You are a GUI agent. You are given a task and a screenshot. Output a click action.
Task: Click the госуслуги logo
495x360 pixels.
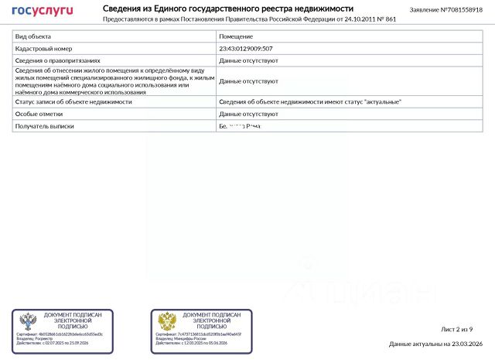point(43,10)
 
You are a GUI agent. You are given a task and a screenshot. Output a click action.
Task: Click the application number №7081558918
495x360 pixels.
point(461,10)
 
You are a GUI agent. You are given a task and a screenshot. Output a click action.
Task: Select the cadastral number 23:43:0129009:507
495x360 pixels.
point(246,48)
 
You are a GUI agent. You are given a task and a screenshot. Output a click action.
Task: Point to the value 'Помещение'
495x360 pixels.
point(236,36)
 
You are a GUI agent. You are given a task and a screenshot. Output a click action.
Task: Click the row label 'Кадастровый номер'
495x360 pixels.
point(43,48)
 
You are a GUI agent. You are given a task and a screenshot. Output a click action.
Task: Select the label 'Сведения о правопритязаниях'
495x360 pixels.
point(57,60)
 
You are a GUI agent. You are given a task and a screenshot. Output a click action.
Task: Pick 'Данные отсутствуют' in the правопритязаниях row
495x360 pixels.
point(248,60)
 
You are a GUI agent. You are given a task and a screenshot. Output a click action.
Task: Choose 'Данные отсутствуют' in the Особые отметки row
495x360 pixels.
point(248,114)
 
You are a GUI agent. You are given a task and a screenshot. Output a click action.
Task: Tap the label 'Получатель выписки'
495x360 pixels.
point(45,125)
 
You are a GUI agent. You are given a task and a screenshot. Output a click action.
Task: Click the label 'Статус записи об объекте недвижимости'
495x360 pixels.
point(73,101)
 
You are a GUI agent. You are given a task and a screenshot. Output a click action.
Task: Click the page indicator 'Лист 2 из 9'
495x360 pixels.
point(456,329)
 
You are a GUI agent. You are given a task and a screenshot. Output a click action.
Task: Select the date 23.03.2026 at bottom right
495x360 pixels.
point(467,344)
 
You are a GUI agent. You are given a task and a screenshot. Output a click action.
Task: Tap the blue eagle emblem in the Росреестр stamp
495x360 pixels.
point(28,321)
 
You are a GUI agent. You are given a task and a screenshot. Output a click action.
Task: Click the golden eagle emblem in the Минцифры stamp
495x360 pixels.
point(166,321)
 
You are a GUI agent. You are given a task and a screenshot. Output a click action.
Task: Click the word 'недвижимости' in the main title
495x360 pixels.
point(323,8)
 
